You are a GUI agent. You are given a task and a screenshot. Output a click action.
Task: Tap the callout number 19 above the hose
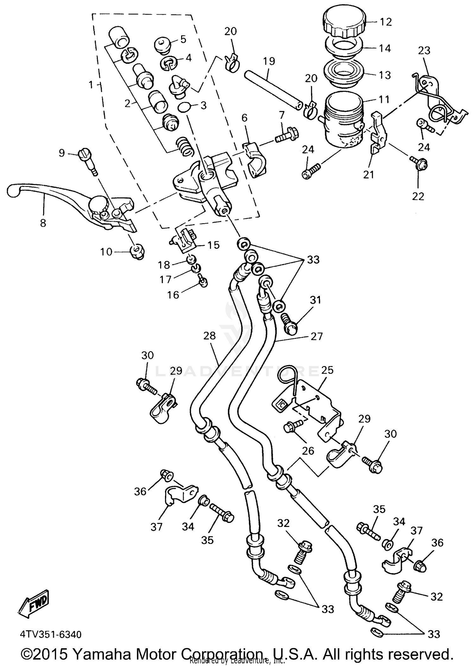269,61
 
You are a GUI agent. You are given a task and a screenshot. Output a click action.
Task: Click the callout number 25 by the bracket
327,370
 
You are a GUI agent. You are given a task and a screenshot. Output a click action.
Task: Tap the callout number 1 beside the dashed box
91,85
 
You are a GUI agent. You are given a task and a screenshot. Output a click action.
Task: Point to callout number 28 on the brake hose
209,336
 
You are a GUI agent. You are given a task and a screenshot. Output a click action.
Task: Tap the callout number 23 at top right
424,50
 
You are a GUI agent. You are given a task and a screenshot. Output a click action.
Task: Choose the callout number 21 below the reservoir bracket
369,174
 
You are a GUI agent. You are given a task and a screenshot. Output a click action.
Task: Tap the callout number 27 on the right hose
316,336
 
